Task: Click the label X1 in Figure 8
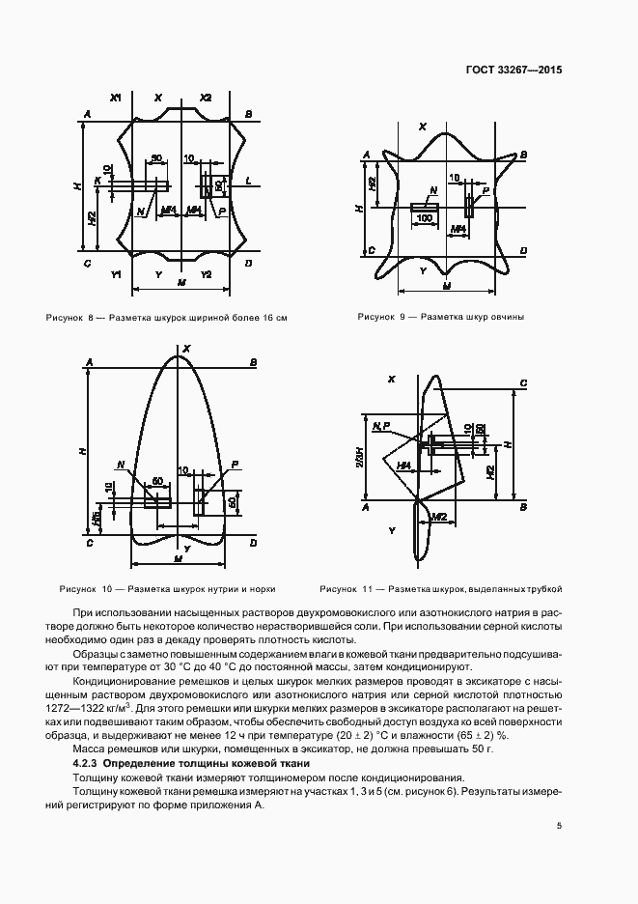(116, 98)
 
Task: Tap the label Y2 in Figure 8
(205, 275)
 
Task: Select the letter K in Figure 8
(97, 181)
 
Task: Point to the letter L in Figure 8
(248, 181)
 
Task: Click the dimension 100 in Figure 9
(424, 218)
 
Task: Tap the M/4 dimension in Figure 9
(459, 228)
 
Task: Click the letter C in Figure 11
(522, 383)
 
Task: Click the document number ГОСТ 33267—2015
(514, 70)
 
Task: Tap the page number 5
(560, 825)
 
